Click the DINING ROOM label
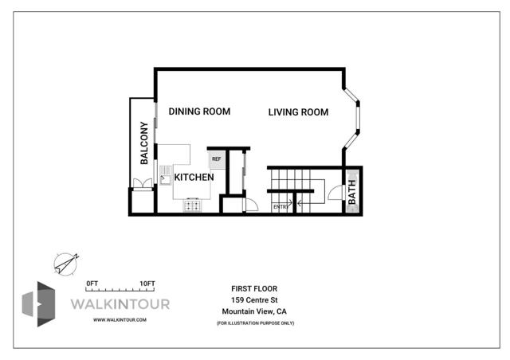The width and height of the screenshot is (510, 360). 199,112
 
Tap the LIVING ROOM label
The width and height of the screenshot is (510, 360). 298,112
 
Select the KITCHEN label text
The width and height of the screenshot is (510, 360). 194,177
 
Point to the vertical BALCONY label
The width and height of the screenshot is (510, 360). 144,143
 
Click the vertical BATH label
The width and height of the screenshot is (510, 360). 352,192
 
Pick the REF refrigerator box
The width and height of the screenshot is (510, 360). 216,158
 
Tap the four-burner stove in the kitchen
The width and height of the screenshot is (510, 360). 193,205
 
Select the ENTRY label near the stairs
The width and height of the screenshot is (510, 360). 280,207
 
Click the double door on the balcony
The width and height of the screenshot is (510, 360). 142,185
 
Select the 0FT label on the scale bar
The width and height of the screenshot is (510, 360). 92,283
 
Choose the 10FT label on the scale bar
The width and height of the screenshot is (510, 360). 147,283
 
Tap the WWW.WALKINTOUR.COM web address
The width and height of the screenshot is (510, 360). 119,319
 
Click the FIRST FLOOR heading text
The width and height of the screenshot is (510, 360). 254,288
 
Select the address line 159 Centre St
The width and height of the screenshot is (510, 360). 254,299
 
